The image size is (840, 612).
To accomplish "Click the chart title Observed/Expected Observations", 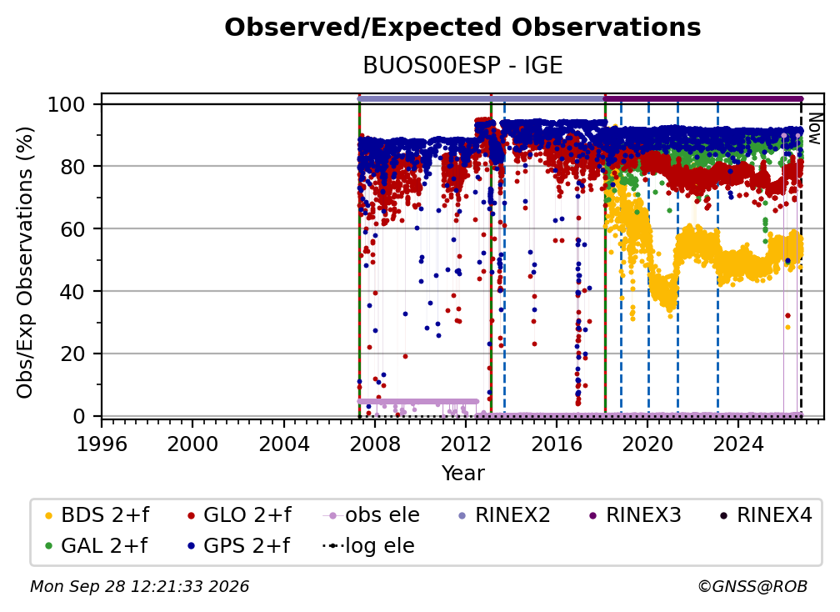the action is click(462, 28).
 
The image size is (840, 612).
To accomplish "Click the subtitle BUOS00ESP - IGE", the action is click(462, 65).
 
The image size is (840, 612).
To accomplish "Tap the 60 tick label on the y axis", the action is click(72, 228).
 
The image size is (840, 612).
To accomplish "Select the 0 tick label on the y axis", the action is click(78, 416).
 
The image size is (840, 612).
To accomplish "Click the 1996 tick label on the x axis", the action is click(102, 444).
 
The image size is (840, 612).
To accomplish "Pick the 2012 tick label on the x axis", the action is click(466, 444).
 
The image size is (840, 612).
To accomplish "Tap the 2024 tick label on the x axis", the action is click(737, 444).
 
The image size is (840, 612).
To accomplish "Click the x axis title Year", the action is click(462, 474).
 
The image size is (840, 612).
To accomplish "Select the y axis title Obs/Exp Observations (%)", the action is click(25, 263).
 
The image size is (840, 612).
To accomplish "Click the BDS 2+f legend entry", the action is click(97, 515).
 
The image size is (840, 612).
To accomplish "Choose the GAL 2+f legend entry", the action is click(96, 546).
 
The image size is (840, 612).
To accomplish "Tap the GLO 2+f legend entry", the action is click(239, 515).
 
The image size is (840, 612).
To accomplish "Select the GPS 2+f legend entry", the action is click(238, 546).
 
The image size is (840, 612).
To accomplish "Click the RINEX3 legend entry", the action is click(635, 515).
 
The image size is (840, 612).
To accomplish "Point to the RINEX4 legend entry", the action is click(766, 515).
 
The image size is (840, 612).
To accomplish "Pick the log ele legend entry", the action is click(368, 546).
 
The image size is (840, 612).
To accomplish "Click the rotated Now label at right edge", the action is click(814, 128).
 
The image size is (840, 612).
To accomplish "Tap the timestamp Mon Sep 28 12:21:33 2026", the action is click(139, 586).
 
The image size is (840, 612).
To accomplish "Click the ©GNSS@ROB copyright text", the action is click(752, 586).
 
